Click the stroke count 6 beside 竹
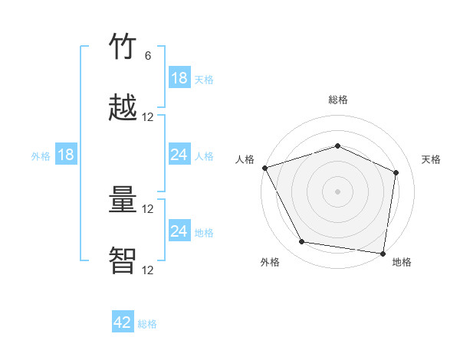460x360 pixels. (x=148, y=55)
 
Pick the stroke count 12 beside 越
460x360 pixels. (x=148, y=117)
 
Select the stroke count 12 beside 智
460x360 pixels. (x=148, y=270)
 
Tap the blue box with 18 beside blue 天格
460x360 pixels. (x=179, y=78)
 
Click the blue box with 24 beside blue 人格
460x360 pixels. (x=179, y=155)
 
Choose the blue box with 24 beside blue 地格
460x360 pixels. (x=179, y=231)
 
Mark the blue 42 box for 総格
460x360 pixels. (x=123, y=322)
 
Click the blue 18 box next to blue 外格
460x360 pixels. (x=66, y=155)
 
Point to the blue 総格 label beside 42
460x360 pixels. (x=147, y=324)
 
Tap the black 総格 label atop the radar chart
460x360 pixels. (x=338, y=100)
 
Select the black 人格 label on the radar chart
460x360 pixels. (x=245, y=159)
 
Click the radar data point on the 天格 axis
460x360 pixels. (x=396, y=172)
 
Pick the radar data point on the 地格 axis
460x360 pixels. (x=383, y=253)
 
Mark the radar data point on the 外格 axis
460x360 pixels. (x=302, y=242)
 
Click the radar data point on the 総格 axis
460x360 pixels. (x=338, y=146)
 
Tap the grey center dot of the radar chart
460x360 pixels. (x=338, y=191)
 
